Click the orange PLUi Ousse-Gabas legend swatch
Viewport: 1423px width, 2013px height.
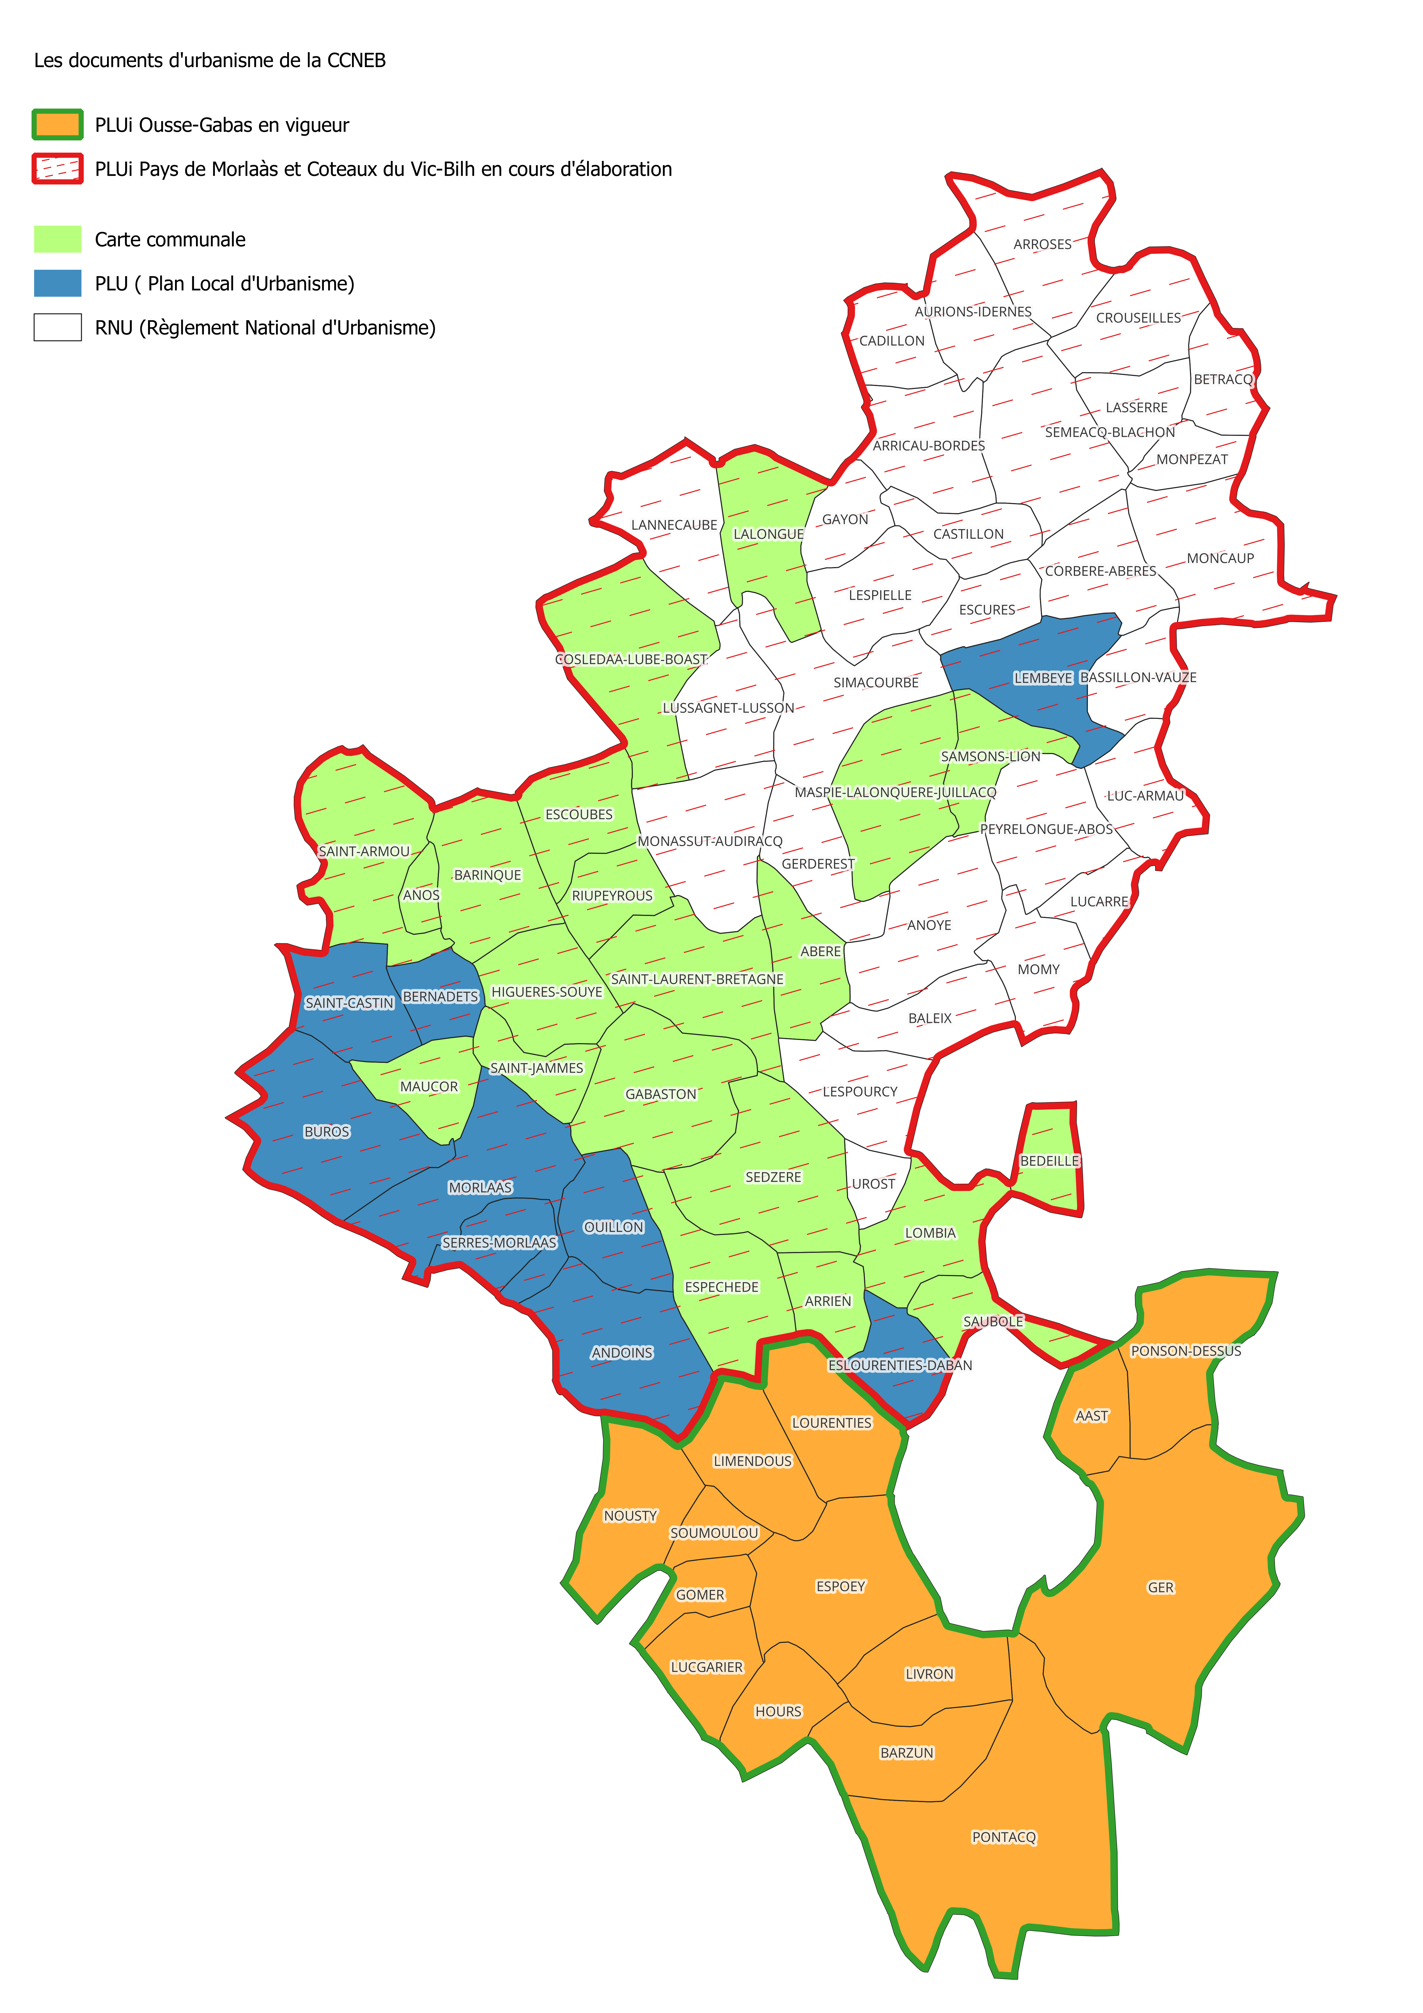58,125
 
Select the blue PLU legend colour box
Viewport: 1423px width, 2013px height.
58,283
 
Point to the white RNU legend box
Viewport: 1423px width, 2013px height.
58,327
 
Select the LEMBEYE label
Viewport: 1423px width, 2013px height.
1043,678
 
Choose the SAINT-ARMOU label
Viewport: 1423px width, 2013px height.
364,851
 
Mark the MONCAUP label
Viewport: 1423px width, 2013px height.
1220,558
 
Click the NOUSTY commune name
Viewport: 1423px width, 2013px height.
630,1516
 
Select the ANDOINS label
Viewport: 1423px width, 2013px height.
622,1353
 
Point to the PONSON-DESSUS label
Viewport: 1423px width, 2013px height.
1185,1351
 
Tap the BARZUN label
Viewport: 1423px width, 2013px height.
907,1753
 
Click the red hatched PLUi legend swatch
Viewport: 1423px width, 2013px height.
58,168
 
